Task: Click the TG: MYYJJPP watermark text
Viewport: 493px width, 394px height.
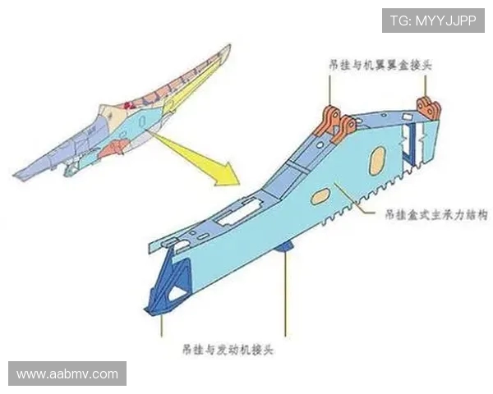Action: point(432,21)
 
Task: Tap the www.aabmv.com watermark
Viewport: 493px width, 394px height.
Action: point(67,374)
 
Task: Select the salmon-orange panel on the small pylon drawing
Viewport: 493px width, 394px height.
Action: point(114,149)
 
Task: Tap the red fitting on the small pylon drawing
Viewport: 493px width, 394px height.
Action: point(127,104)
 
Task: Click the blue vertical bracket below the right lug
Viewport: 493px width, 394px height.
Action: point(408,149)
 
